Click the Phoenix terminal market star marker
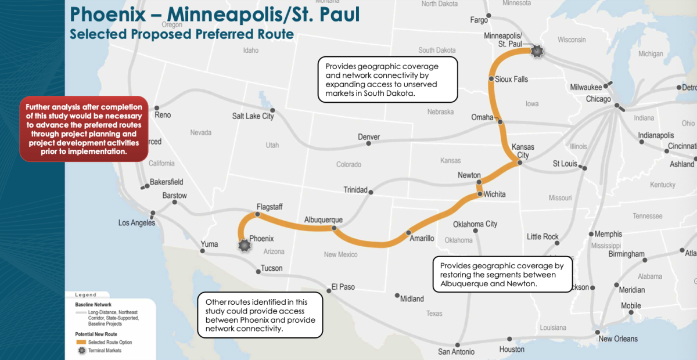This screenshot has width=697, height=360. pos(245,246)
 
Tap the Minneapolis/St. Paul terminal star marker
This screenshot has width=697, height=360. pos(537,51)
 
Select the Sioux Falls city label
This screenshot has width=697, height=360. pos(512,79)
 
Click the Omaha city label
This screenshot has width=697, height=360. pos(482,118)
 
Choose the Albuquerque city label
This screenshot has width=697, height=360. pos(324,220)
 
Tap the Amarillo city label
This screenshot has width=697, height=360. pos(422,239)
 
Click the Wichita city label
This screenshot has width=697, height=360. pos(494,194)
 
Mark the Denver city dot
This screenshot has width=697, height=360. pos(368,144)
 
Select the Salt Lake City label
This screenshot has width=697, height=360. pos(253,116)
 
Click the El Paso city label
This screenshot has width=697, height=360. pos(343,287)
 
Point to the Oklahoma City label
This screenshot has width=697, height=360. pos(475,224)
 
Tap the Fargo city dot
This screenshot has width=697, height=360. pos(490,16)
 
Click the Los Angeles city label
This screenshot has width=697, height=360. pos(136,223)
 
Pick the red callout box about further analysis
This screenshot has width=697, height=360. pos(84,129)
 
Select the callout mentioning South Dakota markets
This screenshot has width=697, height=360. pos(387,80)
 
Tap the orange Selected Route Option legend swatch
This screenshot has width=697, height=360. pos(81,341)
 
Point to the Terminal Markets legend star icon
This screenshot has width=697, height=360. pos(81,350)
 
